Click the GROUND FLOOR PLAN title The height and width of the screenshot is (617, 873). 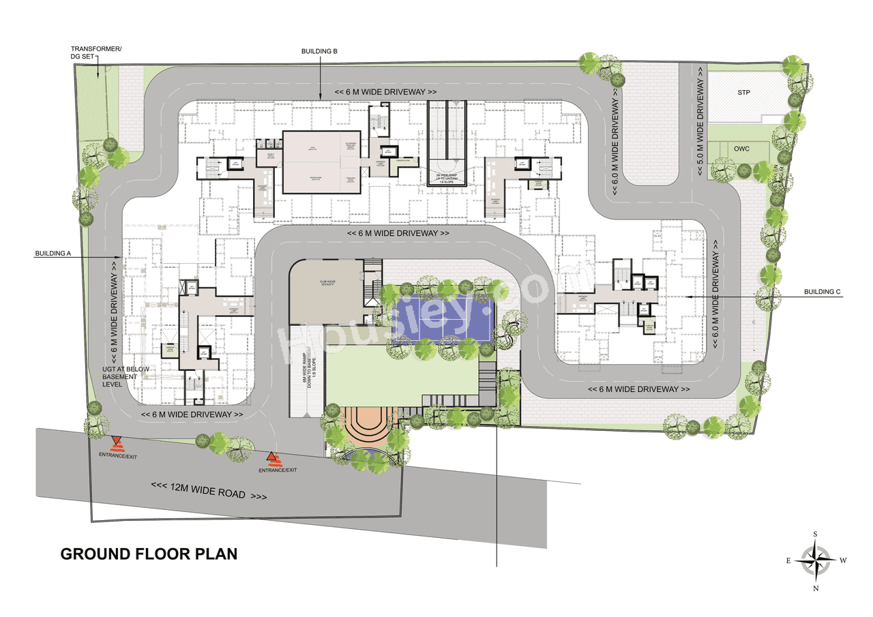pos(149,554)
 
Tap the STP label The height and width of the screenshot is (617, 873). pos(743,92)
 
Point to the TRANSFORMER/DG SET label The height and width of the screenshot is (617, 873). pos(97,53)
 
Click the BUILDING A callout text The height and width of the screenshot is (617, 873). pos(53,254)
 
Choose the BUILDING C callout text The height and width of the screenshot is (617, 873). pos(822,292)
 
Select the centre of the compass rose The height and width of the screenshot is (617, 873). pos(815,560)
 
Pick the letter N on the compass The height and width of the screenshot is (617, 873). pos(815,588)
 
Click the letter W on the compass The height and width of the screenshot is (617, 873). pos(843,560)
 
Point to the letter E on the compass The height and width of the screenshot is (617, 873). pos(788,560)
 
